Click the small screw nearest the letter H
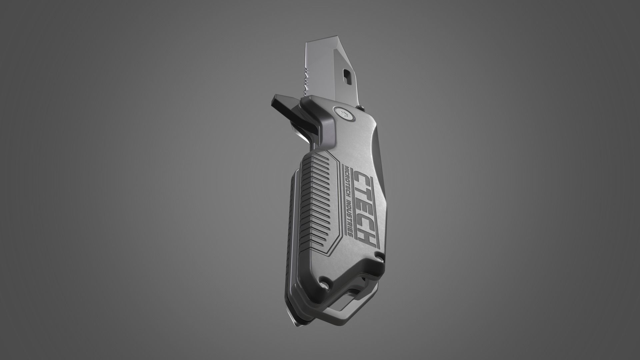click(x=379, y=256)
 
